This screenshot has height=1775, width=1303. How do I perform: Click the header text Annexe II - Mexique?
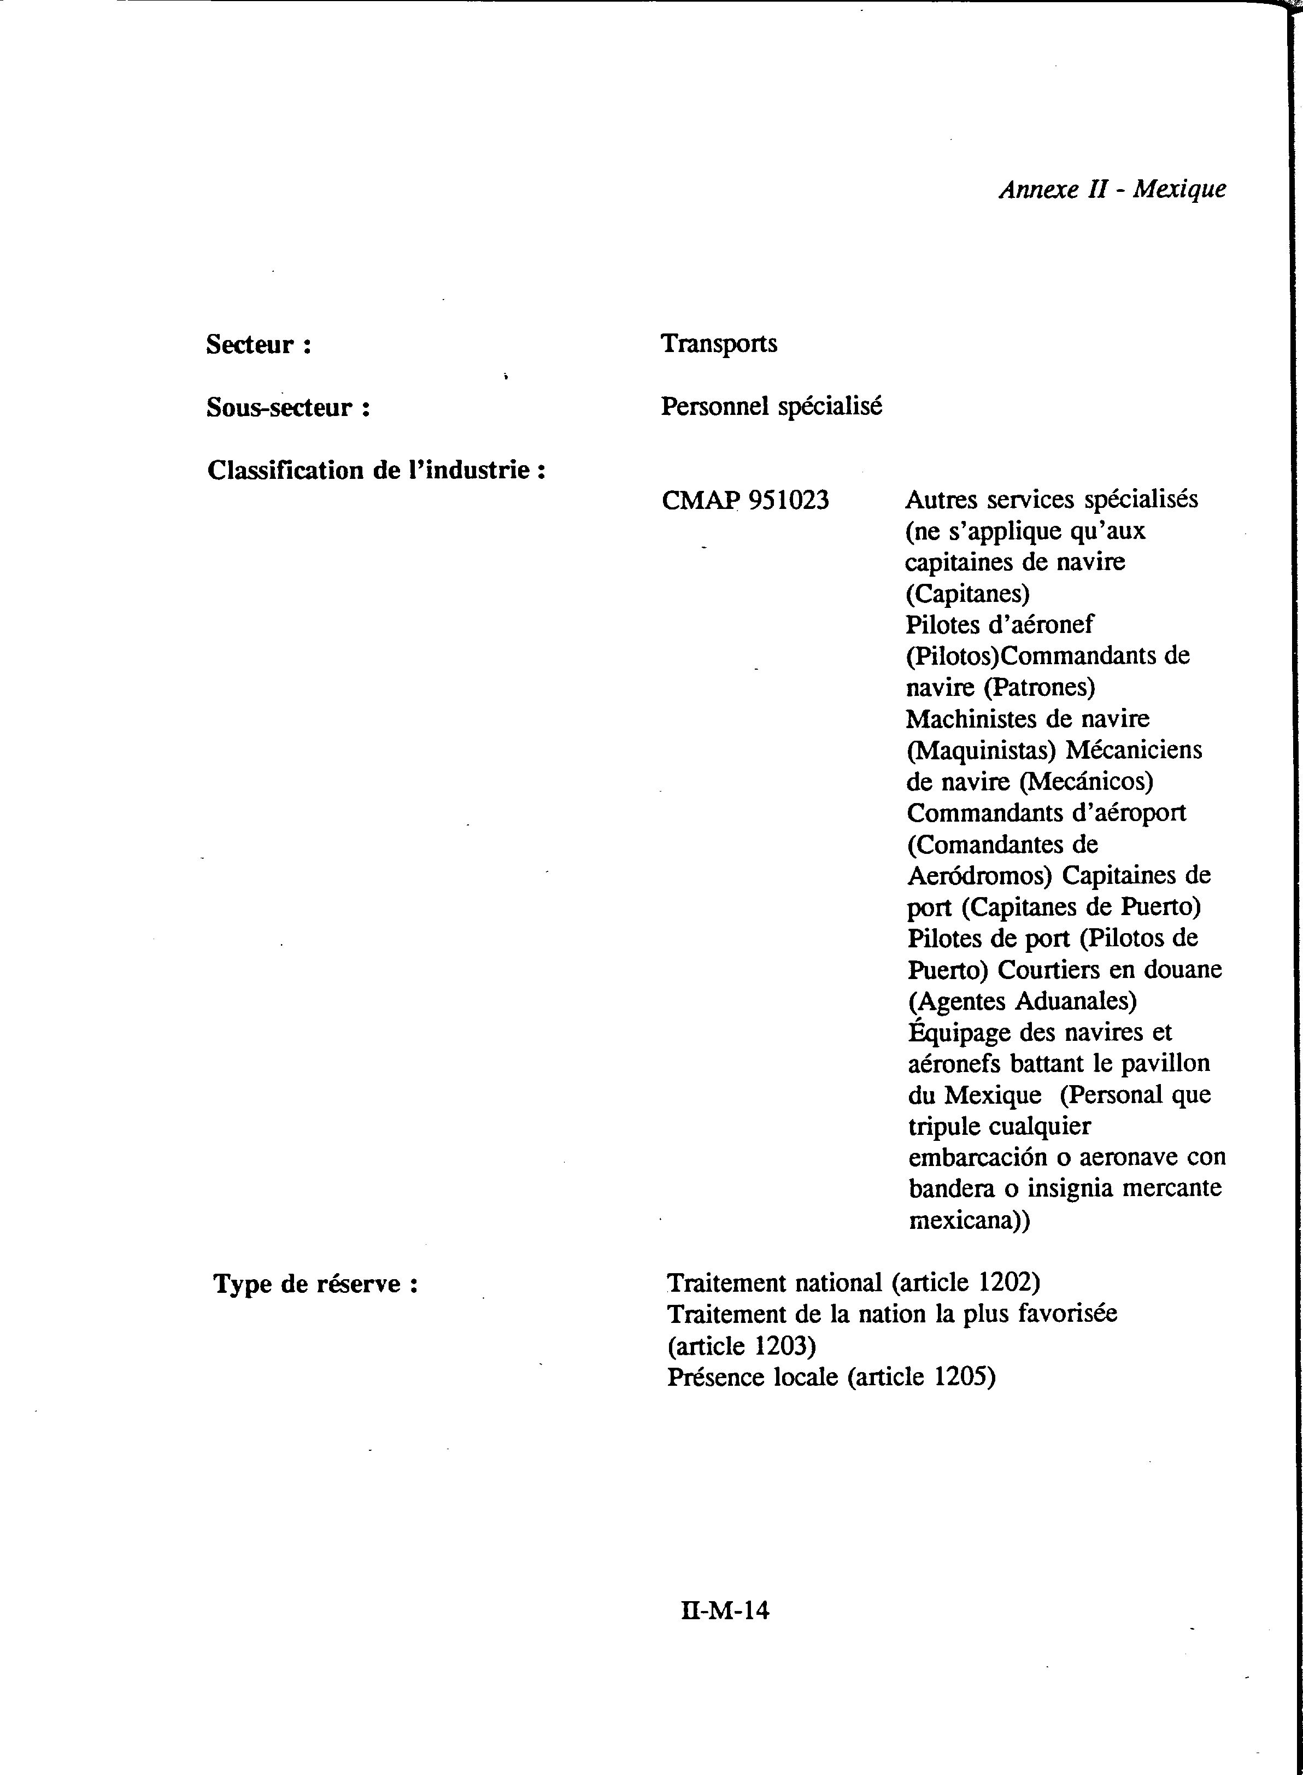pyautogui.click(x=1112, y=189)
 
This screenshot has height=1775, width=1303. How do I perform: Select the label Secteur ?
pyautogui.click(x=259, y=345)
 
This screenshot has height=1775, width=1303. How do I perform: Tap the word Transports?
pyautogui.click(x=719, y=344)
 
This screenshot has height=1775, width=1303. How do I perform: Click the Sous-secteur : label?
pyautogui.click(x=289, y=408)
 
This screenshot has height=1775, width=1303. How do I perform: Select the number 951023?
pyautogui.click(x=788, y=500)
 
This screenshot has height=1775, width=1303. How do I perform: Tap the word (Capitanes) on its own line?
pyautogui.click(x=967, y=593)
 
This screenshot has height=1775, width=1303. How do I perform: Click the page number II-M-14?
pyautogui.click(x=724, y=1610)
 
